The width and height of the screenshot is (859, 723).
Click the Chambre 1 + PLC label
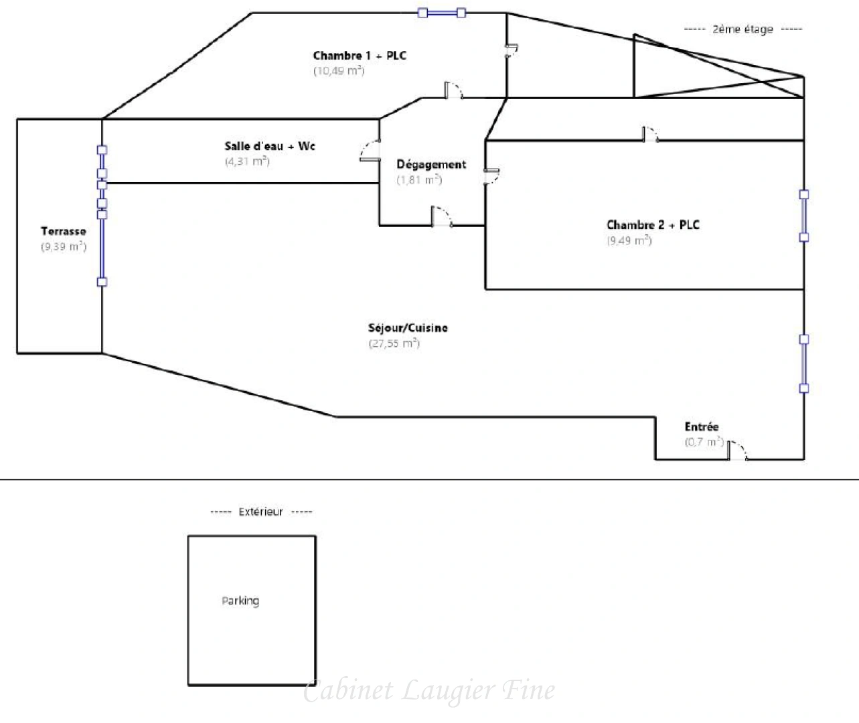(360, 56)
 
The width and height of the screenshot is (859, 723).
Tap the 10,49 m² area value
(339, 71)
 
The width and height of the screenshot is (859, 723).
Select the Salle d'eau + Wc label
(270, 146)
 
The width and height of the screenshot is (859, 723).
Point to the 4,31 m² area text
(247, 161)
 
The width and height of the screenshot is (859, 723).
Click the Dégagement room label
(431, 164)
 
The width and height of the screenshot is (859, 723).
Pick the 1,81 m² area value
(419, 179)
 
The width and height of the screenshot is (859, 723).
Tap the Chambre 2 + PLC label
(653, 225)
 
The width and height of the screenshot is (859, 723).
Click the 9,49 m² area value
(629, 240)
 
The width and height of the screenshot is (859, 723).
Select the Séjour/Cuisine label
(408, 328)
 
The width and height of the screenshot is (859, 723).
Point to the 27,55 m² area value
(394, 343)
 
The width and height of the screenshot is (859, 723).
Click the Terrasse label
(64, 232)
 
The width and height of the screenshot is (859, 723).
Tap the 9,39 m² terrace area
(64, 246)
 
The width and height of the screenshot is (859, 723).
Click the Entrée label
(701, 426)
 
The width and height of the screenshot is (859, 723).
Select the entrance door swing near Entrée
(737, 451)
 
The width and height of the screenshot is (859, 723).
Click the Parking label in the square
(240, 600)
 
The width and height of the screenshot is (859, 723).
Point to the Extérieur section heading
(260, 512)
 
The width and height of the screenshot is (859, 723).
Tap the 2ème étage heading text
(743, 29)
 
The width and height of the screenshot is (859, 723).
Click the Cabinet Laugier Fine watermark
(429, 690)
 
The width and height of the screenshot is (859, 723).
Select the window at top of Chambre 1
(442, 13)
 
